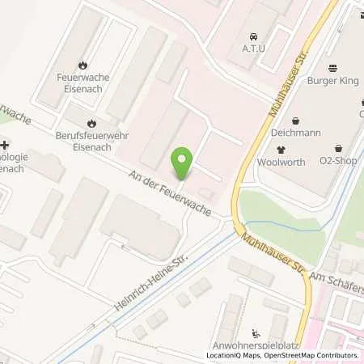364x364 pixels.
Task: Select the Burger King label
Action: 332,82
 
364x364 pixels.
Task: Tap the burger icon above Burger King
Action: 332,69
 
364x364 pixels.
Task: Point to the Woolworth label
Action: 281,163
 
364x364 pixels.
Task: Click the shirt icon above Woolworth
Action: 281,149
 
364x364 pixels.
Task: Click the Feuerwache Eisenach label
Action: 83,83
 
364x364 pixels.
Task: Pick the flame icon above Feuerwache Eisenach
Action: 83,66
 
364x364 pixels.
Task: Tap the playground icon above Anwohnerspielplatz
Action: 256,332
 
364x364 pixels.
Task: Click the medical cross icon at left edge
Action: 5,144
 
